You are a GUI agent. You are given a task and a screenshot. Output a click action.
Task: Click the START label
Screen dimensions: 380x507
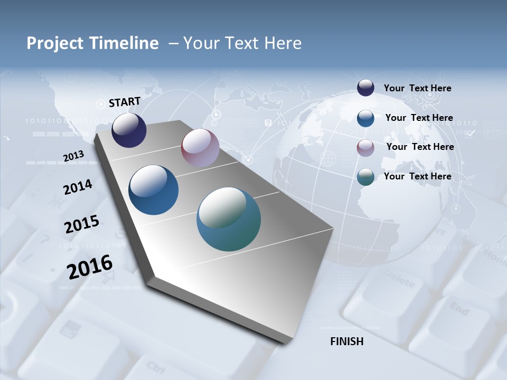125,102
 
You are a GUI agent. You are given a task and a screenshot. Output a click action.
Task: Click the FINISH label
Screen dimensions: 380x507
347,341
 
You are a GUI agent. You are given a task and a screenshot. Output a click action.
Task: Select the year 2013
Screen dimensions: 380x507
74,156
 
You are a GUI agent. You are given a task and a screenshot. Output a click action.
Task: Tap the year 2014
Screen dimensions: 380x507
78,187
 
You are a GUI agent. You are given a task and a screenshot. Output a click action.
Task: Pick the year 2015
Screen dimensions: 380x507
82,224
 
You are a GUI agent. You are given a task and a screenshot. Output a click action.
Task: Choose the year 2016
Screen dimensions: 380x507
90,267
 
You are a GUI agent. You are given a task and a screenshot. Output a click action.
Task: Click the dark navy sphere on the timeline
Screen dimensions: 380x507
129,130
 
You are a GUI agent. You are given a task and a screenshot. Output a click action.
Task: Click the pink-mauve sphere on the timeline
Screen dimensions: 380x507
200,148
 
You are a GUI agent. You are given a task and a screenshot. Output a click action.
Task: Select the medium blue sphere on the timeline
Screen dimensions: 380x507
154,190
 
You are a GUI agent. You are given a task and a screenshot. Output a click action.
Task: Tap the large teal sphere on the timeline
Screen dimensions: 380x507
229,219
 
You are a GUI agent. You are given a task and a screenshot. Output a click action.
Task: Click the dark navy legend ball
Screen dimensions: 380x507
365,88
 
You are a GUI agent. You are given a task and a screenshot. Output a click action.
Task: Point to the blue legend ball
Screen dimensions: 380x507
365,118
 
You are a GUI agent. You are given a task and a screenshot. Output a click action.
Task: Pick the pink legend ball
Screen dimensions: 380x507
365,147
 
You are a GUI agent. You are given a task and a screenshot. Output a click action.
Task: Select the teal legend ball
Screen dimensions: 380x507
365,177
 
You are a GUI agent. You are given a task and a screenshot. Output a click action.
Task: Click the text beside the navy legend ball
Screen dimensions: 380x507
417,88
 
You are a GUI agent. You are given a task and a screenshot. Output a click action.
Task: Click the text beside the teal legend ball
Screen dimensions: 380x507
417,176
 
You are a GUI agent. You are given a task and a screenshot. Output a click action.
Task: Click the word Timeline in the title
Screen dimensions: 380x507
125,43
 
